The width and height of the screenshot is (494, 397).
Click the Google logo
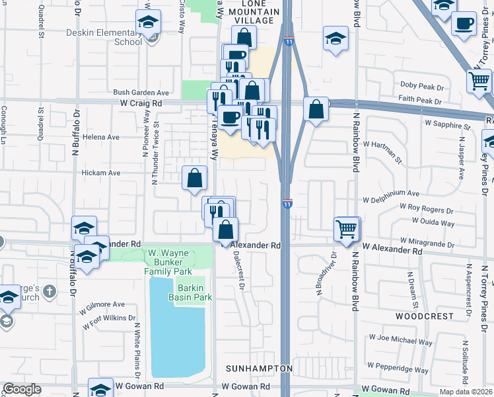(x=22, y=389)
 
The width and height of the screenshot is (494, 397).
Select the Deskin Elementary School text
(x=118, y=36)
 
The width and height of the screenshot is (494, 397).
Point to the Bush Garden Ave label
(x=141, y=93)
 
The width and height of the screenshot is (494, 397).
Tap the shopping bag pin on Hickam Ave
(x=195, y=178)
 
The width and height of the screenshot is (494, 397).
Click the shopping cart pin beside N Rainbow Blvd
(x=347, y=229)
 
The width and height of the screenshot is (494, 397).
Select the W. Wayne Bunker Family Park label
(x=168, y=262)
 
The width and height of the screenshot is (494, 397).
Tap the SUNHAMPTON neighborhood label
(x=258, y=368)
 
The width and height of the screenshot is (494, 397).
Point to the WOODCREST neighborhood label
(x=423, y=317)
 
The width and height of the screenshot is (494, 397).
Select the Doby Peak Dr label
(x=421, y=86)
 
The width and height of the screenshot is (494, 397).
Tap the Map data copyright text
(x=465, y=392)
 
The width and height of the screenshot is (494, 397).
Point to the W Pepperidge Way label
(x=400, y=365)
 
